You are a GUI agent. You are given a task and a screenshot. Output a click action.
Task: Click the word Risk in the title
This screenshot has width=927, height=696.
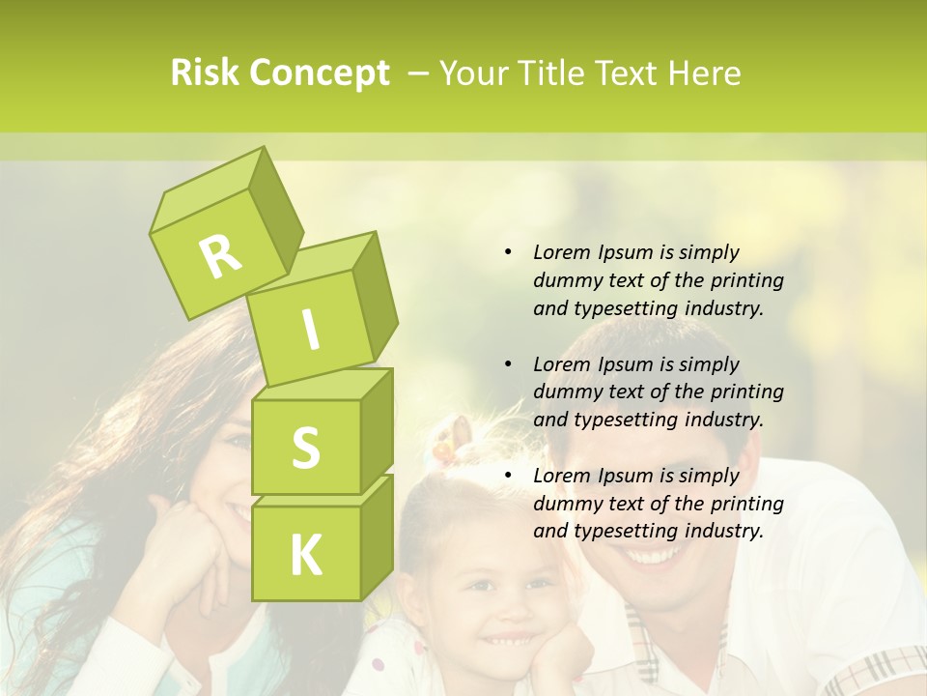coord(205,73)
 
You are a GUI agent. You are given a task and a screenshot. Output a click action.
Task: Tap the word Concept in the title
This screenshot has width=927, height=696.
coord(318,74)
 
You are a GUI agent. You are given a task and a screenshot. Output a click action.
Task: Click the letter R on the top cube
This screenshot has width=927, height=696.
coord(220,255)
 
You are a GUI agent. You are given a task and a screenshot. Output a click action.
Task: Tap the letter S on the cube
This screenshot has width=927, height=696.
coord(305,448)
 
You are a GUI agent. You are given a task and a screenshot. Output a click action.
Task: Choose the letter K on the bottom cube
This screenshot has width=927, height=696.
coord(305,555)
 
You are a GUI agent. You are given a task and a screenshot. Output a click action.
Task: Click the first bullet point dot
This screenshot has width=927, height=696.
coord(508,252)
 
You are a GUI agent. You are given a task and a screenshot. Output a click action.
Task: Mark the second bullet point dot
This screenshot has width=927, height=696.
coord(508,364)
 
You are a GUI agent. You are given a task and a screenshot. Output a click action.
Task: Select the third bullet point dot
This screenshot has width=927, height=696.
coord(508,476)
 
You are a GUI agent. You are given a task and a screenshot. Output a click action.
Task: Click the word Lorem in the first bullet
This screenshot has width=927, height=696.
coord(560,252)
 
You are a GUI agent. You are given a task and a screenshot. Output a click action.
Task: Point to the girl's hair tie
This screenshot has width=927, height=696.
coord(445,447)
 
